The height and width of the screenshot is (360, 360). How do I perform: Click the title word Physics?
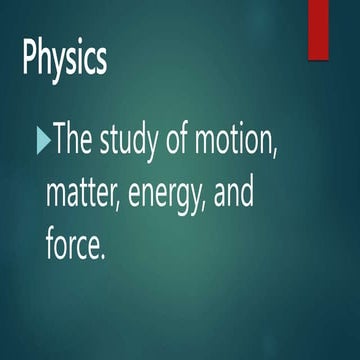click(64, 60)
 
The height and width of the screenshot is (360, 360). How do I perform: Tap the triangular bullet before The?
click(41, 140)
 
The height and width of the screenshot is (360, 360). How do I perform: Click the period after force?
click(102, 256)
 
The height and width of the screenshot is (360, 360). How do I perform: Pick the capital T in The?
click(60, 140)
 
